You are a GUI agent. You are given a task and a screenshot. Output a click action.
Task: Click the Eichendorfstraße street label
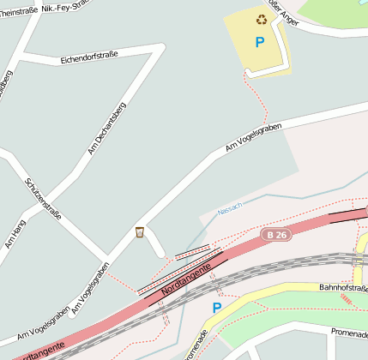[x=89, y=57]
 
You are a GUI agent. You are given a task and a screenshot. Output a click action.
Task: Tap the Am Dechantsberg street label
[x=106, y=129]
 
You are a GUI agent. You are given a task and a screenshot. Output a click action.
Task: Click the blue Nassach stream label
[x=230, y=207]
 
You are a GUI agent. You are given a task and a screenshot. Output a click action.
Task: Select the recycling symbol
[x=261, y=18]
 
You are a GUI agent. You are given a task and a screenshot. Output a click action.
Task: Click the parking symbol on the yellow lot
[x=259, y=41]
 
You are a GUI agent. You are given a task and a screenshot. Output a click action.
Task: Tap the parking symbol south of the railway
[x=216, y=307]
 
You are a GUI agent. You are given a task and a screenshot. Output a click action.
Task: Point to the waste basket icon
[x=139, y=232]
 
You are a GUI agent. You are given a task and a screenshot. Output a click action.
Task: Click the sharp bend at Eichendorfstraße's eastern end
[x=160, y=51]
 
